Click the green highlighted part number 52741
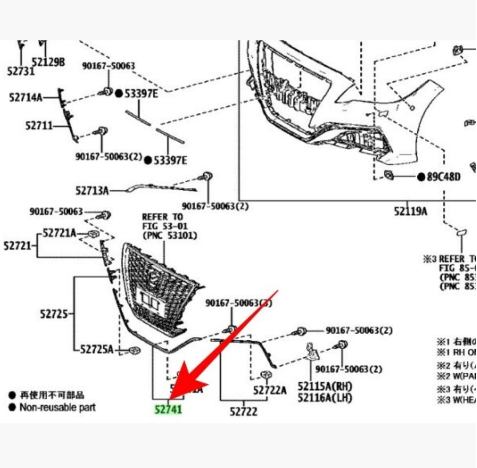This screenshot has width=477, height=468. coord(168,409)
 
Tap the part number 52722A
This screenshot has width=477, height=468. coord(270,391)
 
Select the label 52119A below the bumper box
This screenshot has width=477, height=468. coord(410,211)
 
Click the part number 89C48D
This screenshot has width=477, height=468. coord(443,177)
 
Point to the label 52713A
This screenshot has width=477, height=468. coord(92,191)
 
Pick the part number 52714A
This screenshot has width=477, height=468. coord(26,98)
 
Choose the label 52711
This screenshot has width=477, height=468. coord(39,125)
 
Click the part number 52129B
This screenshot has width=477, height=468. coord(48,62)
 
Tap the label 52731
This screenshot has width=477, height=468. coord(21,71)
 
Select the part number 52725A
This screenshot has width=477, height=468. coord(97,349)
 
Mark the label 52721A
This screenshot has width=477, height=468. coord(60,233)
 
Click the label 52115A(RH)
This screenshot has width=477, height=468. coord(325,386)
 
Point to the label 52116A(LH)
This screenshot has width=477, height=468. coord(325,397)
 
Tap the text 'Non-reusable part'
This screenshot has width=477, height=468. coord(57,407)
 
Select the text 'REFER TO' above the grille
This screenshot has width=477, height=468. coord(162,217)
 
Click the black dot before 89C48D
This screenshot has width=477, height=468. coord(421,177)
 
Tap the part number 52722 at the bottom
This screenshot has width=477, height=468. coord(244,411)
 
